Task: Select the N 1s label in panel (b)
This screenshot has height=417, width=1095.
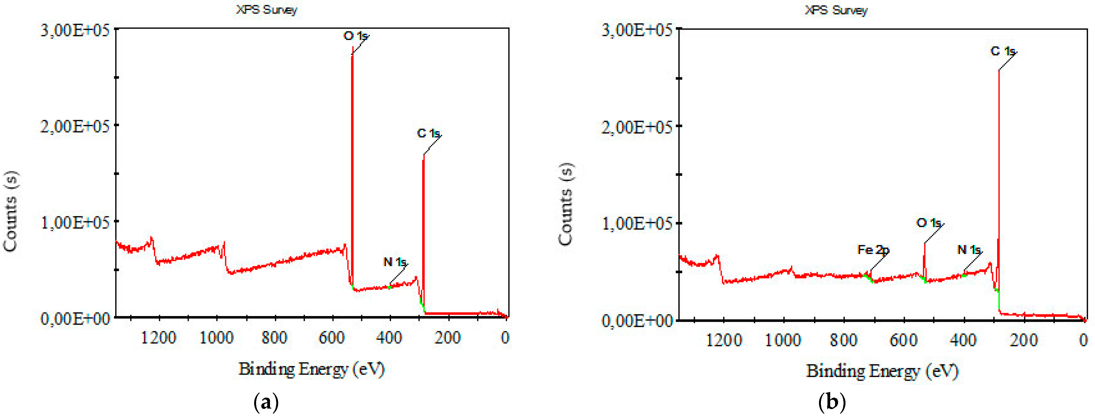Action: point(969,250)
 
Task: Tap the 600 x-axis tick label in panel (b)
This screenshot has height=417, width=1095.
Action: point(903,340)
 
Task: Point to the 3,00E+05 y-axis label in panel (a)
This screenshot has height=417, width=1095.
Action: point(75,31)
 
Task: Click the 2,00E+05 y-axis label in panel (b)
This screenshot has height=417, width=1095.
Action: point(636,127)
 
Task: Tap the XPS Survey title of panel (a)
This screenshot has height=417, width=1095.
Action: point(266,9)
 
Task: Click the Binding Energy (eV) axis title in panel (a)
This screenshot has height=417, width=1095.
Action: point(311,369)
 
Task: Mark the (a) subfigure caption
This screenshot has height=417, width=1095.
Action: point(266,402)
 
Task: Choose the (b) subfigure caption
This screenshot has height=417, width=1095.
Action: point(832,402)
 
